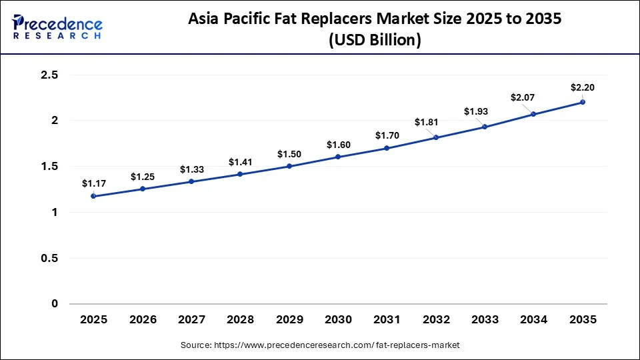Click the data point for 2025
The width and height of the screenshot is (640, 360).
[93, 196]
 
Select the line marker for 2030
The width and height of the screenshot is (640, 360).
[338, 157]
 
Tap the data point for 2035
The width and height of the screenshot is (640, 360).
[582, 102]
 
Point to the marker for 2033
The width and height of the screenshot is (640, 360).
[485, 127]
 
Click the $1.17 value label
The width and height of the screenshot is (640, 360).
[93, 183]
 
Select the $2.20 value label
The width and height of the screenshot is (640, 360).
[582, 87]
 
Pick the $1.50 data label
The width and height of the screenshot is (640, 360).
[289, 154]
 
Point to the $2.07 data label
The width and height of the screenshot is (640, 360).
[523, 97]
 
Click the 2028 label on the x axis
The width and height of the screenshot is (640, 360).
[240, 319]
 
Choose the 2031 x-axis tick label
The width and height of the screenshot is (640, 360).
[387, 319]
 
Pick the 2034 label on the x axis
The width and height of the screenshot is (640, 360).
[533, 319]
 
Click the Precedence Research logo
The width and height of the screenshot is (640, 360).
[57, 27]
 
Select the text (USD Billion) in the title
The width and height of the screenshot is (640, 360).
[375, 40]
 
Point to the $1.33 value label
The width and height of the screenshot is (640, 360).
[191, 169]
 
